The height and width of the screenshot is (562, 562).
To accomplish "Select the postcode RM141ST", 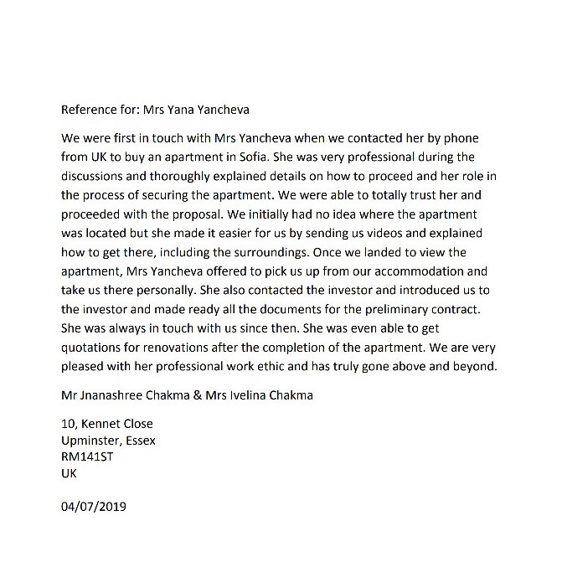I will click(88, 456).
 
